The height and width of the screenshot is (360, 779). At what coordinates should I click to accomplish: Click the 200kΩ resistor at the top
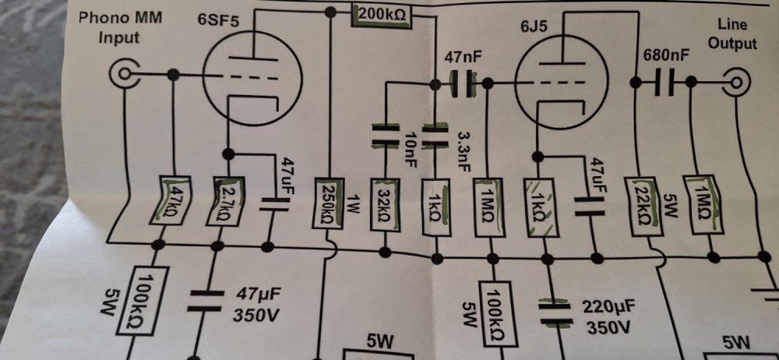pyautogui.click(x=382, y=15)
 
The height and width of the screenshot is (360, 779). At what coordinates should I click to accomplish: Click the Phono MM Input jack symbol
pyautogui.click(x=123, y=75)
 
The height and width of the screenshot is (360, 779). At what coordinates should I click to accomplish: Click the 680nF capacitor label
pyautogui.click(x=666, y=55)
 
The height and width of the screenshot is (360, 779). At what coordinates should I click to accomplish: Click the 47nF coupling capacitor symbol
pyautogui.click(x=464, y=82)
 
